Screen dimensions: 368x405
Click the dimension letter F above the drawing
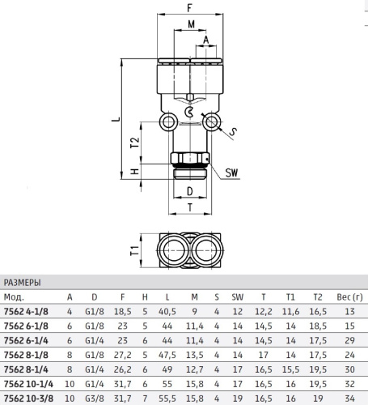pos(189,8)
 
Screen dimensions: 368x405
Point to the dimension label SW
pos(232,173)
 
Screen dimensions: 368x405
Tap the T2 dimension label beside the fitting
pos(135,143)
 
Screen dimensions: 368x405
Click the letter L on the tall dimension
pos(116,118)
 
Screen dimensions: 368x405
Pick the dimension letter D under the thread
pos(190,191)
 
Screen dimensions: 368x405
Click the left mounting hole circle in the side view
pos(168,122)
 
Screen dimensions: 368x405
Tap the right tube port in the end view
pos(206,250)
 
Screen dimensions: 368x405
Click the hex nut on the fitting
pos(190,158)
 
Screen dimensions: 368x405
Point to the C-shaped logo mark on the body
pos(188,112)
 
